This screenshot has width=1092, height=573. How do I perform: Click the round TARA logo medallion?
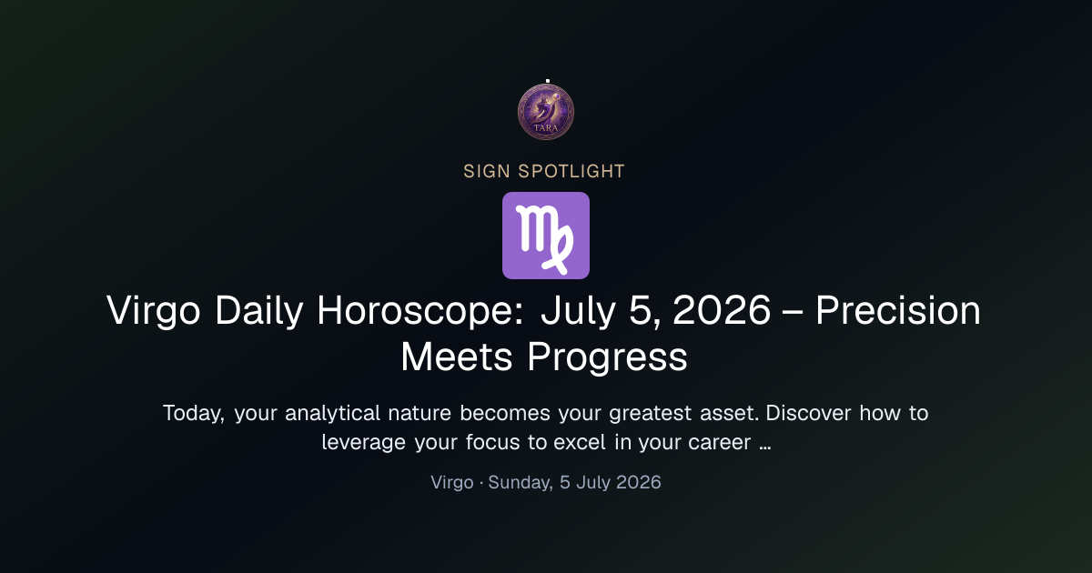click(546, 112)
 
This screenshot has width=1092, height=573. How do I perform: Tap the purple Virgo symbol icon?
click(546, 236)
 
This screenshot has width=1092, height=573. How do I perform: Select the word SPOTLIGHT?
click(571, 172)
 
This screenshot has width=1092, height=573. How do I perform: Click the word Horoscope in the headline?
click(420, 310)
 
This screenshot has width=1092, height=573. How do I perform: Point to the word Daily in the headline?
click(258, 311)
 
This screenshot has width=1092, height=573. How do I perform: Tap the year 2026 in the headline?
click(722, 310)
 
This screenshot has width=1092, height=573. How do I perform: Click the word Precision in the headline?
click(898, 310)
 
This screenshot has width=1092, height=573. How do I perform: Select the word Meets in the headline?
click(456, 357)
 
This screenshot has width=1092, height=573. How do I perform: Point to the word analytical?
click(332, 414)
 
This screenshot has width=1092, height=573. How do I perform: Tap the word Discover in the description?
click(808, 413)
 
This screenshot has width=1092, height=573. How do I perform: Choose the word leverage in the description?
click(364, 443)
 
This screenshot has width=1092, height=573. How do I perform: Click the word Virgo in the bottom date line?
click(452, 482)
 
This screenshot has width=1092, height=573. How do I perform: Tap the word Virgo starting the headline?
click(154, 311)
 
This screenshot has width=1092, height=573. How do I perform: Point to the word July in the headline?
click(578, 311)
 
